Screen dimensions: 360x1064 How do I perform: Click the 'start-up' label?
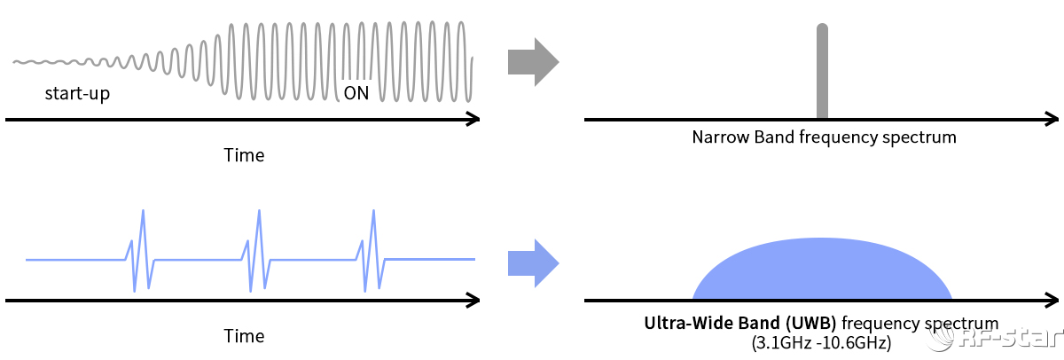point(77,93)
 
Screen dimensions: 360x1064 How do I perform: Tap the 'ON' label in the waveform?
point(356,93)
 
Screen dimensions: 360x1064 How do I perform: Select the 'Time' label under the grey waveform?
point(244,155)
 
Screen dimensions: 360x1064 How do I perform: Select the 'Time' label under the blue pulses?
point(244,336)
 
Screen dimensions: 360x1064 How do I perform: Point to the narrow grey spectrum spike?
point(822,71)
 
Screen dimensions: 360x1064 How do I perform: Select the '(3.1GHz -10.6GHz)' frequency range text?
point(821,341)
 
